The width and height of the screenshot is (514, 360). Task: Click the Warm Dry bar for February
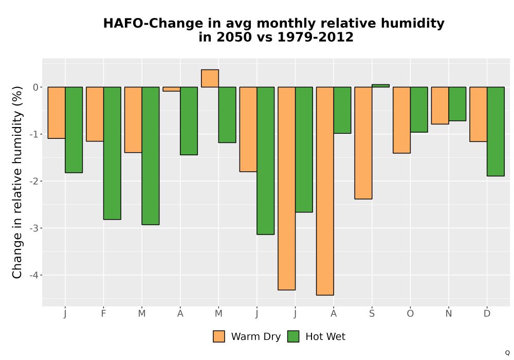95,114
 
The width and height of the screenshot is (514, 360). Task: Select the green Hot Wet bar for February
112,153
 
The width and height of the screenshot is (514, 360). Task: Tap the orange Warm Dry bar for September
363,143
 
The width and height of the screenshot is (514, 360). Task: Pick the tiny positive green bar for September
380,85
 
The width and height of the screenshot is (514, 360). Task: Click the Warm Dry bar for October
401,120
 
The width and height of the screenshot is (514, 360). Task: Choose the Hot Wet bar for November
457,104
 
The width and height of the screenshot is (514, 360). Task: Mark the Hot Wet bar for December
495,132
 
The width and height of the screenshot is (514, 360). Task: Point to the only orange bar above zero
210,78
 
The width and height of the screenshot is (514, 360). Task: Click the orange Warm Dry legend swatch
218,336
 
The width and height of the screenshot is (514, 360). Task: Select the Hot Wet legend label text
325,337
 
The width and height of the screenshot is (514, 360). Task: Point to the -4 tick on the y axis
34,275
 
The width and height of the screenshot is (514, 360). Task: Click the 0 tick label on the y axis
36,87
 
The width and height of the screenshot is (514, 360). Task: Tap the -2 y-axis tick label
34,182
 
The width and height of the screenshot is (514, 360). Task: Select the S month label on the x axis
372,314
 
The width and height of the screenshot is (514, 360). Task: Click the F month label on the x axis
104,314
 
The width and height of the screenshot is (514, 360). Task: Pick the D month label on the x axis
487,314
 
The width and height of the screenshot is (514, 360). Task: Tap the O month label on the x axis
410,314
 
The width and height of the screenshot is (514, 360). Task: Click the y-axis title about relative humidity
17,182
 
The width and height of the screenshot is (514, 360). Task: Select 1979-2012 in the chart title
316,37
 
